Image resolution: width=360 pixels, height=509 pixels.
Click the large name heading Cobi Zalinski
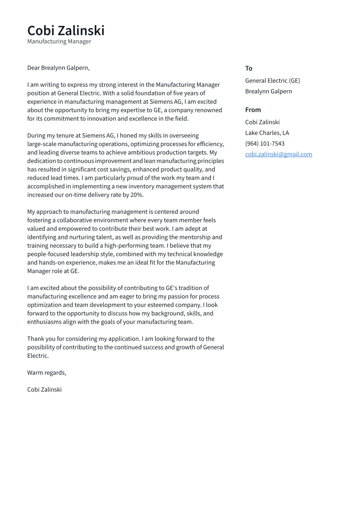(x=66, y=31)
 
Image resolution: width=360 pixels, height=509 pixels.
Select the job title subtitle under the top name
(x=59, y=41)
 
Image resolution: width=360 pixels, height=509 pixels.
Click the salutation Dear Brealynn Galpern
(x=58, y=68)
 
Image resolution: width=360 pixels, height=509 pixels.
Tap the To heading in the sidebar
(x=248, y=68)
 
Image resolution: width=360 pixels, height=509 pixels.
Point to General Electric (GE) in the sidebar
(x=272, y=81)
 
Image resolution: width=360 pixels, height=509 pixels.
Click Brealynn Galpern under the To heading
(x=268, y=91)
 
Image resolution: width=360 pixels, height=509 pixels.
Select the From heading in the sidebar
(x=253, y=110)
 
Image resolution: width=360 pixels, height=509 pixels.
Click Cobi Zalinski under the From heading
(x=262, y=122)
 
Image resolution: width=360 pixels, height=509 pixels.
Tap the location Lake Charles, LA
(x=267, y=133)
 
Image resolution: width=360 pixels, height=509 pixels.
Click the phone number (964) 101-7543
(x=264, y=143)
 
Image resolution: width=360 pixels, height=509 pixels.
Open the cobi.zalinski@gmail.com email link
(x=278, y=154)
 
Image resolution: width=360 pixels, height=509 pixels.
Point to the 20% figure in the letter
(x=137, y=195)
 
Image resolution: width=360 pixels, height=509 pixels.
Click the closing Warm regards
(x=47, y=372)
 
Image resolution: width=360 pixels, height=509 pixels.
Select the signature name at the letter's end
(x=45, y=389)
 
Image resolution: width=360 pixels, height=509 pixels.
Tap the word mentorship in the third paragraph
(x=193, y=237)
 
